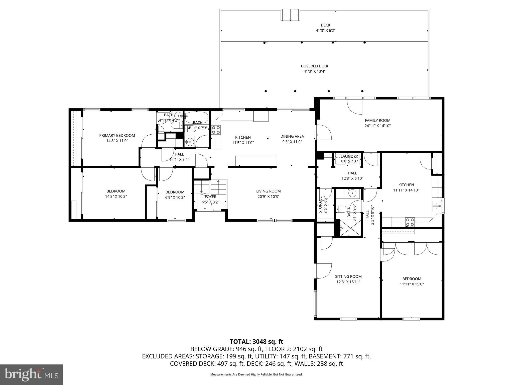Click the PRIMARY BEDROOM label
pos(117,135)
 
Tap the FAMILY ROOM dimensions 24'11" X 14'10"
pos(377,126)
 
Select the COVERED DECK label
pos(314,66)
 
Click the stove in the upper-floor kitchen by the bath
pos(216,130)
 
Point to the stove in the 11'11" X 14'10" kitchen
pos(410,222)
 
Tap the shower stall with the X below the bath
pos(349,228)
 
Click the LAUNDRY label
pos(349,156)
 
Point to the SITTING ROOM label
pos(348,276)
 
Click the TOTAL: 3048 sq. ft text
pos(256,341)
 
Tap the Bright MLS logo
pos(31,374)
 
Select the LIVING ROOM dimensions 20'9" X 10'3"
pos(268,197)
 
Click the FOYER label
pos(210,197)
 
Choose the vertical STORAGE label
pos(320,205)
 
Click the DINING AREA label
pos(292,136)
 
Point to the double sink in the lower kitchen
pos(437,206)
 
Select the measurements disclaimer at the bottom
pos(256,374)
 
